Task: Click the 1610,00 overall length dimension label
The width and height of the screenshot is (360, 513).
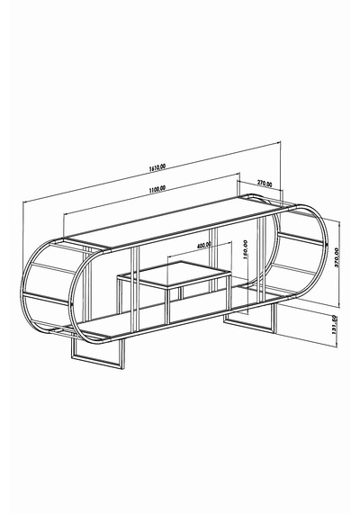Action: [x=157, y=167]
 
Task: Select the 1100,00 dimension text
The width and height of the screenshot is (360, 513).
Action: [x=157, y=189]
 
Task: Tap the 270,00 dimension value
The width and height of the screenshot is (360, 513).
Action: [x=265, y=184]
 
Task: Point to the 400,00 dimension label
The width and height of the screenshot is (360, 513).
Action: [x=204, y=245]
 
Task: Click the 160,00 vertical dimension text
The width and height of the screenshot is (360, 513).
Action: [x=246, y=249]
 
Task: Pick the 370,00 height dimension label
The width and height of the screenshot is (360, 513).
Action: [x=337, y=257]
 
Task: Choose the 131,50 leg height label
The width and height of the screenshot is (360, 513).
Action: [x=334, y=325]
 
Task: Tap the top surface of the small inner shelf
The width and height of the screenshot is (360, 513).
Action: [x=175, y=274]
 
